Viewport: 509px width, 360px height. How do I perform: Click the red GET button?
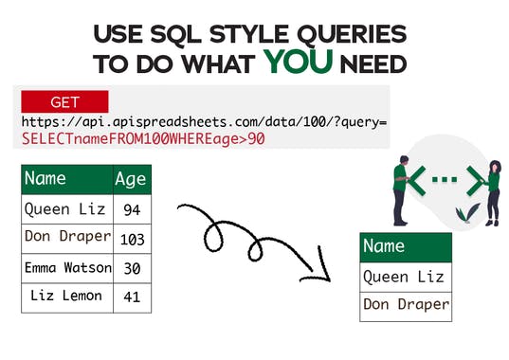pos(64,101)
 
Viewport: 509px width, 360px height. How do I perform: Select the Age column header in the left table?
pos(131,179)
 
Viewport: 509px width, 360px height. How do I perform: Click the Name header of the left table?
pos(66,179)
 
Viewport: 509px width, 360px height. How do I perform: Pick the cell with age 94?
pos(132,209)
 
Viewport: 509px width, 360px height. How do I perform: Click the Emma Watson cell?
pos(66,268)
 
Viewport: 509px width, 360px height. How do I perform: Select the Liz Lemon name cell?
pos(66,297)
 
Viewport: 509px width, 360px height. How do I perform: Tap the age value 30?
pos(132,268)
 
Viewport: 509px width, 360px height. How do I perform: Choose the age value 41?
pos(132,297)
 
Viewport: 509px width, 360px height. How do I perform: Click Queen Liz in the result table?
pos(406,277)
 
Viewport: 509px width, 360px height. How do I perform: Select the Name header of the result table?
pos(406,246)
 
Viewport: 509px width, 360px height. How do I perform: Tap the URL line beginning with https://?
pos(203,123)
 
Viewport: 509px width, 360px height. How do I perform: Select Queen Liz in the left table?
pos(66,209)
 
